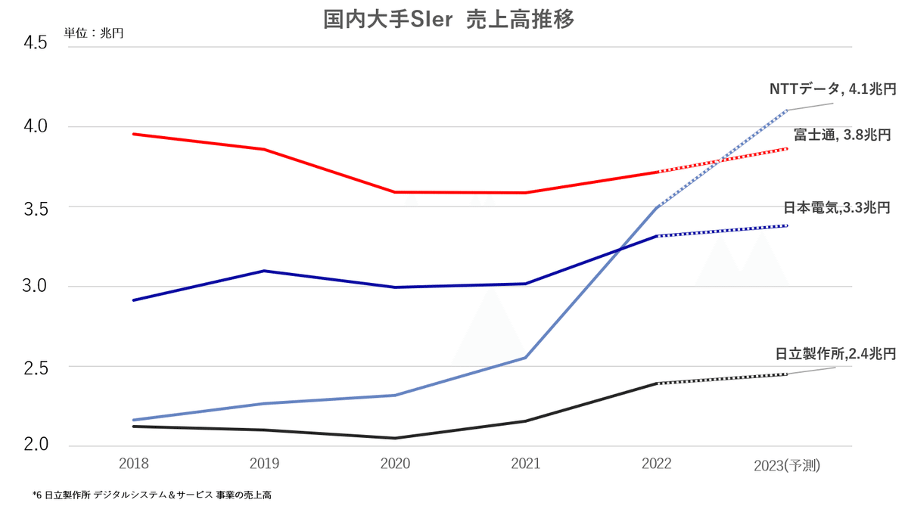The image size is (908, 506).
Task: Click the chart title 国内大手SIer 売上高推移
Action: pos(449,20)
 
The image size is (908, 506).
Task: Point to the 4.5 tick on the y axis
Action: pos(36,44)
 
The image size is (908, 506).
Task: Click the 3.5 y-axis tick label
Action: pos(36,207)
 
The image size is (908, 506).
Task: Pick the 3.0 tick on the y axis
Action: pos(36,287)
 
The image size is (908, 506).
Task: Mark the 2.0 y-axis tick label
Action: pos(36,445)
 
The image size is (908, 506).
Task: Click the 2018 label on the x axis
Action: pos(133,464)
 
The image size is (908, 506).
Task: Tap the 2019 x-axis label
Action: pos(264,464)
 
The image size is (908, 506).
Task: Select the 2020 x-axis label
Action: pos(394,464)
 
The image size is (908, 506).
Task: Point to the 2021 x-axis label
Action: pos(525,464)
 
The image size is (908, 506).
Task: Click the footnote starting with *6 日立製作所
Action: pos(152,495)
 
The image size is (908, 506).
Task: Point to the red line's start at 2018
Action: pos(134,134)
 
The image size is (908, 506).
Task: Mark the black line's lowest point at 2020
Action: pos(395,438)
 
